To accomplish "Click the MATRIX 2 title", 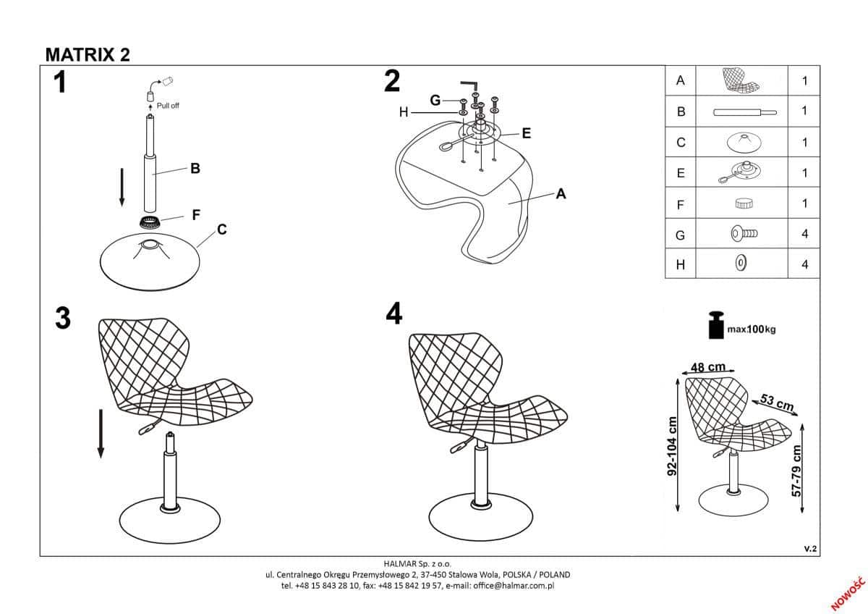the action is (88, 55).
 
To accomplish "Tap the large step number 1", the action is (60, 83).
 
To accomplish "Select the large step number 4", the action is (394, 314).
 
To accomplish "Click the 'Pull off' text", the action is (168, 106).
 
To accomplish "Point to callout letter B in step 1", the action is (195, 168).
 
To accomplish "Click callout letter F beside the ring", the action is (196, 215).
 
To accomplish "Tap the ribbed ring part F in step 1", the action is (149, 222).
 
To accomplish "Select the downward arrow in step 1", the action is (122, 188).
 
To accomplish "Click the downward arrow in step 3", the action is (101, 434).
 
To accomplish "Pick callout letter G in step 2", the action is (435, 101).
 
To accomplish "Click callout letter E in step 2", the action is (527, 133).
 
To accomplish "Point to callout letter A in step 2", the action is (561, 194).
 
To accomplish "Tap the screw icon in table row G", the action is (744, 233).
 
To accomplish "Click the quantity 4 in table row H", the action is (805, 264).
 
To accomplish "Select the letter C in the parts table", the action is (681, 143).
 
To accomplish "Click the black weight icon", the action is (717, 325).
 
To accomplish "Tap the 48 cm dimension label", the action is (708, 366).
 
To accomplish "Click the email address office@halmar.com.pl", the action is (514, 586).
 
